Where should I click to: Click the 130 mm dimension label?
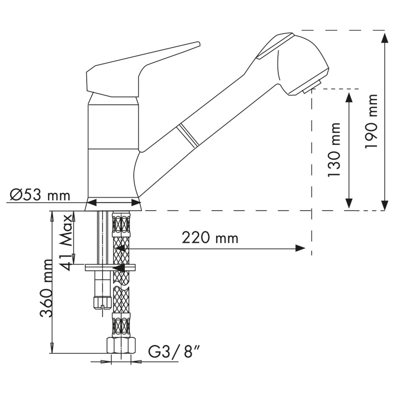coord(334,149)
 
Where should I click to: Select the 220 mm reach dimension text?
coord(210,238)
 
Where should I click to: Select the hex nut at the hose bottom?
coord(121,346)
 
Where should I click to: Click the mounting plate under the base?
coord(110,267)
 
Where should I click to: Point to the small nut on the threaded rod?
coord(102,302)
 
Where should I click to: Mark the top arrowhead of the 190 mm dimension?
coord(384,38)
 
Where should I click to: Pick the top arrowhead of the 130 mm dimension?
coord(349,97)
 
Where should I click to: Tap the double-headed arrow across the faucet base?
coord(114,202)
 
